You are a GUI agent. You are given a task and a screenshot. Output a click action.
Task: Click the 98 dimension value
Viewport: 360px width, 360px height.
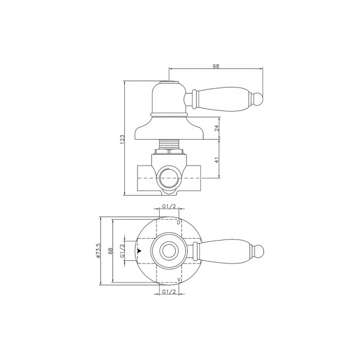point(216,66)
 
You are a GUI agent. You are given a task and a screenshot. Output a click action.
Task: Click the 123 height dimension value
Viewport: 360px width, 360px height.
point(122,139)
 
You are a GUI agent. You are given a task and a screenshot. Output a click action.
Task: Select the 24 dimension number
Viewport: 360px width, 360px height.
point(217,128)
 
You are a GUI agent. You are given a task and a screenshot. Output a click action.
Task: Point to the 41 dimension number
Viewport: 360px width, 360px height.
point(217,160)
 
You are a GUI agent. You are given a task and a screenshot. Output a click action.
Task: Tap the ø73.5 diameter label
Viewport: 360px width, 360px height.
point(98,250)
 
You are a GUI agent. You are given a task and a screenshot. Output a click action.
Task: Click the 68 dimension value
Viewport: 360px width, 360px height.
point(110,250)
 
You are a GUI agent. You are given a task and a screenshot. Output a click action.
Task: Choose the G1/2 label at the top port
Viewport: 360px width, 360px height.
point(169,206)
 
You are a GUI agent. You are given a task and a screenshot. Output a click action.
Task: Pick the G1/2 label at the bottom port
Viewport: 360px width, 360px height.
point(169,292)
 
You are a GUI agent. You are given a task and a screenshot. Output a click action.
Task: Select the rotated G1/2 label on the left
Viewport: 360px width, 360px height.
point(122,250)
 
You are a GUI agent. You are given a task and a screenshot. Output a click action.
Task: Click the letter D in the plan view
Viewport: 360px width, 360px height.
point(179,222)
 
